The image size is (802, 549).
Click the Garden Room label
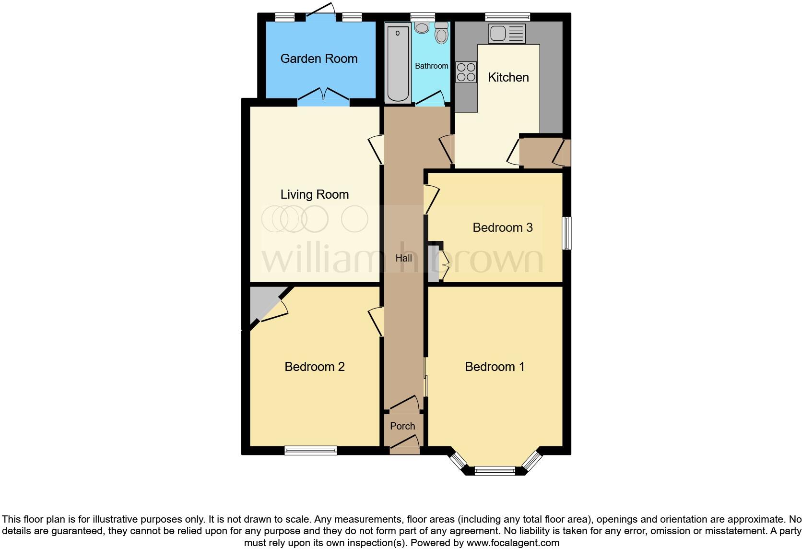319,59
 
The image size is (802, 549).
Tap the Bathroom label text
431,66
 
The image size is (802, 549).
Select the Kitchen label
508,77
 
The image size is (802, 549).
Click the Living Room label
314,194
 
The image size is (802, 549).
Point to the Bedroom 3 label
502,227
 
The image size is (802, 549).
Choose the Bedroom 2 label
314,367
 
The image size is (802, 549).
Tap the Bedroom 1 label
495,367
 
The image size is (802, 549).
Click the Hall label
403,258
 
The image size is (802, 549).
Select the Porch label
402,426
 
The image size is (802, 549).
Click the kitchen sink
507,33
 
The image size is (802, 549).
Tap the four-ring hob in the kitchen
466,72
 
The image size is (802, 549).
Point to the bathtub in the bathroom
398,64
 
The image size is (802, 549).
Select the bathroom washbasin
422,27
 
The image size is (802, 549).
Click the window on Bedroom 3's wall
566,233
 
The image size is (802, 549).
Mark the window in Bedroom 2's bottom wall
310,450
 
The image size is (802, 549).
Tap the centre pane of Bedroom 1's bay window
495,470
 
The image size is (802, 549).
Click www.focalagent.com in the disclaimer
512,543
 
